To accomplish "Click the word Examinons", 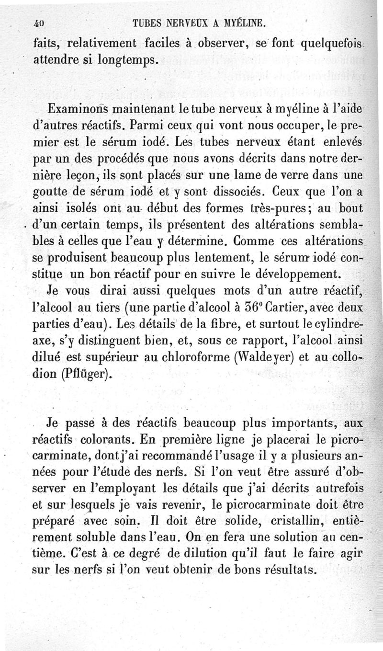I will (79, 109).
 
